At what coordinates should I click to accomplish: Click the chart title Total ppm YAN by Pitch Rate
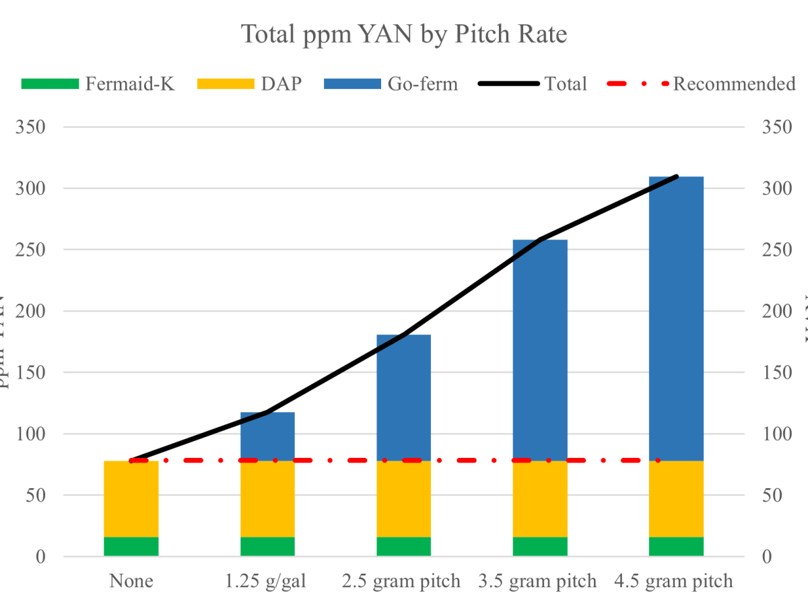[x=404, y=34]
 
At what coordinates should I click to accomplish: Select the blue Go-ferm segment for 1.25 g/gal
[x=267, y=436]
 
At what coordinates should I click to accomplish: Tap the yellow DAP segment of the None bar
[x=131, y=499]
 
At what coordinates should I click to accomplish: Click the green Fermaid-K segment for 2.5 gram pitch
[x=403, y=546]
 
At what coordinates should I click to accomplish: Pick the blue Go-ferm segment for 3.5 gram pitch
[x=540, y=350]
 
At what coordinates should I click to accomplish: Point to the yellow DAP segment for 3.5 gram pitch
[x=540, y=499]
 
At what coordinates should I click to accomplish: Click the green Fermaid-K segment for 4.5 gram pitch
[x=676, y=546]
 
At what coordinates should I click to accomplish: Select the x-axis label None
[x=131, y=580]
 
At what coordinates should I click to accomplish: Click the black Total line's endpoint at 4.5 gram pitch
[x=676, y=176]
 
